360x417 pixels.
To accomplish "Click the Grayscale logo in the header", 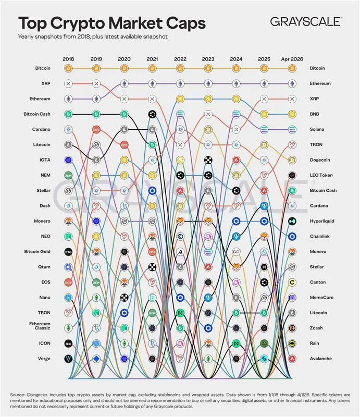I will [x=306, y=21].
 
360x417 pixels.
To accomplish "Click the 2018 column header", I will [x=68, y=59].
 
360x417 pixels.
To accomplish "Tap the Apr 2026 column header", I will [x=292, y=59].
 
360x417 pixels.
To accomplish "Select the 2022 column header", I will [x=180, y=59].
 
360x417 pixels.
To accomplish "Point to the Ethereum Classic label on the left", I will [x=40, y=326].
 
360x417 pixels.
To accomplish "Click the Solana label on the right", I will [x=318, y=129].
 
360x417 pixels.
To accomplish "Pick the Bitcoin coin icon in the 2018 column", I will [x=68, y=68].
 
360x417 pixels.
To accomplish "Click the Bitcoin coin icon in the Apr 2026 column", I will [x=292, y=68].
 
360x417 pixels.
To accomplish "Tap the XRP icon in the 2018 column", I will [x=68, y=83].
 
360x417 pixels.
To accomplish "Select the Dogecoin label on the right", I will [x=322, y=160].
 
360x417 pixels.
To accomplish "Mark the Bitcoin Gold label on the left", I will [x=36, y=252].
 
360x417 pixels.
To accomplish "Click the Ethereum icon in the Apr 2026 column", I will [x=292, y=83].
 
